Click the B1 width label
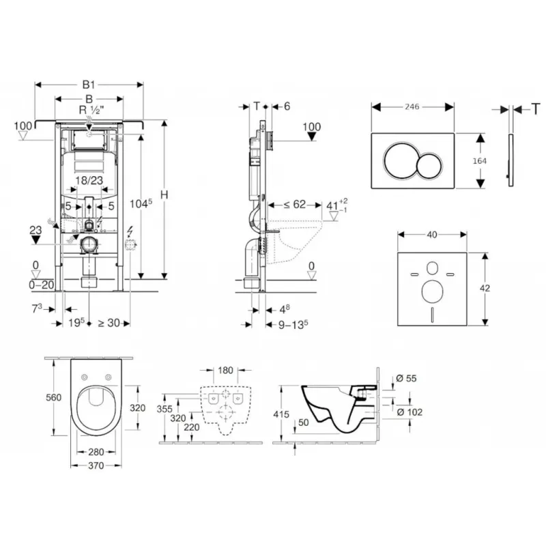click(x=89, y=85)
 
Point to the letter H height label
click(x=164, y=196)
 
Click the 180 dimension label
click(x=225, y=371)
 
